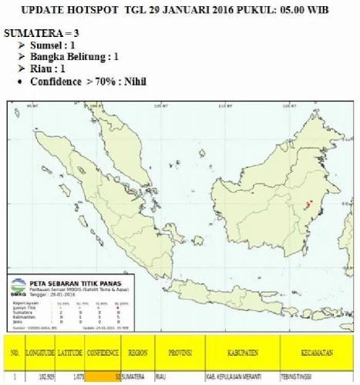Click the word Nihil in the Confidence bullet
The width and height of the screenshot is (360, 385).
tap(131, 81)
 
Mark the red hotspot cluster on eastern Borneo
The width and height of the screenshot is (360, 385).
tap(308, 205)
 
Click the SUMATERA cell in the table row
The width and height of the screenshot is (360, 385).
tap(138, 378)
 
